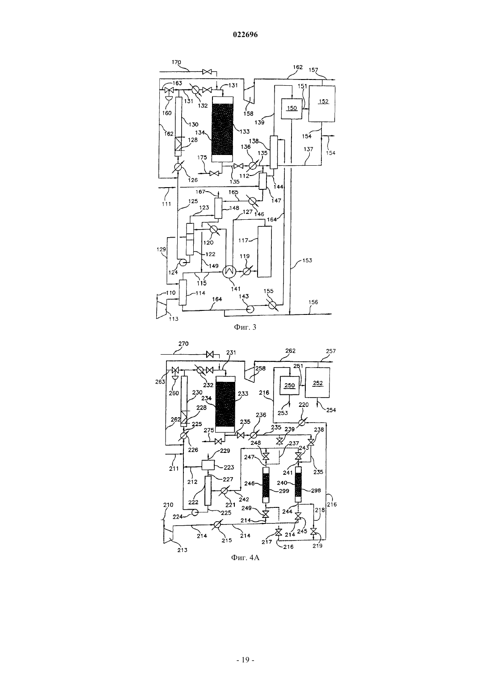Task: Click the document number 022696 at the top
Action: point(245,34)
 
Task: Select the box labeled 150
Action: point(291,108)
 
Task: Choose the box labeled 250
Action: point(290,385)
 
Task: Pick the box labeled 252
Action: point(317,382)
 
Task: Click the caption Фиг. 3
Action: point(245,327)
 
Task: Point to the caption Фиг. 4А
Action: point(245,557)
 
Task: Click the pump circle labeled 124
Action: point(182,263)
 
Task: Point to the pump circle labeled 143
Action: point(250,309)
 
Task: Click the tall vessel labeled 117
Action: point(264,251)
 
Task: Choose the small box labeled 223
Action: point(208,465)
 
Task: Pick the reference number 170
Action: point(176,63)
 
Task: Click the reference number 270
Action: point(183,344)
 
